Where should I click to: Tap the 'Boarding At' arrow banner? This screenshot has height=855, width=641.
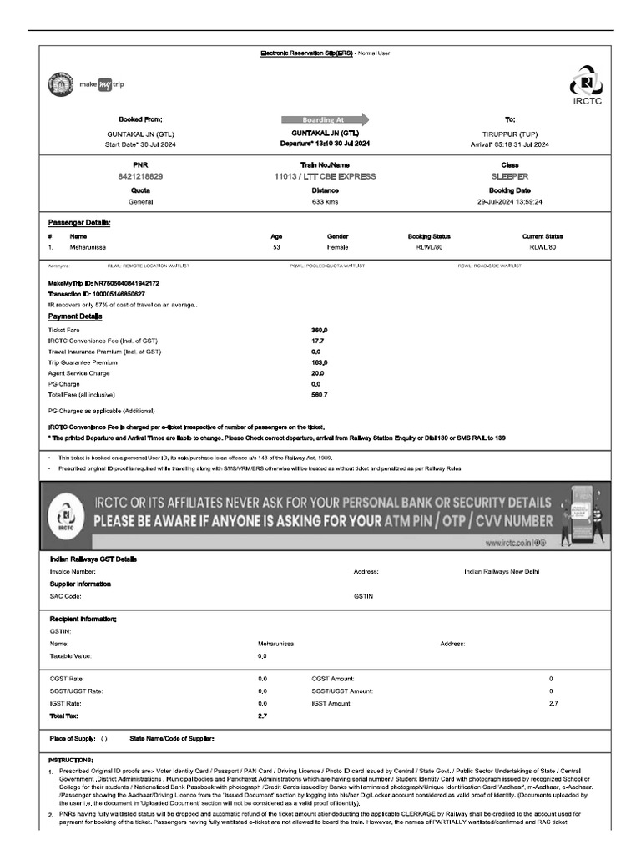tap(324, 119)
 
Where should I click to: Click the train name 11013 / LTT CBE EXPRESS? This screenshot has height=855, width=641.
tap(325, 177)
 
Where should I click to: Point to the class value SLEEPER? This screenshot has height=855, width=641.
tap(510, 177)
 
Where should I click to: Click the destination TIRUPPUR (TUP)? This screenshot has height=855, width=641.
tap(510, 134)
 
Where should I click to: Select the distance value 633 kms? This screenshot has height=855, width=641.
tap(325, 202)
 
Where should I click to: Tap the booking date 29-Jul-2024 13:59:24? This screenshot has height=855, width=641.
tap(510, 202)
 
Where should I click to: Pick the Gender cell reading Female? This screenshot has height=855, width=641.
tap(338, 248)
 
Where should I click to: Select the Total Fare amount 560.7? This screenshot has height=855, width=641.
tap(319, 394)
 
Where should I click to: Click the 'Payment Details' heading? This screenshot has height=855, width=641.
tap(75, 316)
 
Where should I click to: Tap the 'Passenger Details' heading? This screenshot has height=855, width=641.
tap(79, 223)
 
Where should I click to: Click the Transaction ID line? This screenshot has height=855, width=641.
tap(97, 294)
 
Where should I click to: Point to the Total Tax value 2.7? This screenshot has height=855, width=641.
tap(262, 716)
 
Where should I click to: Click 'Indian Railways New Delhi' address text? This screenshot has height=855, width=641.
tap(502, 572)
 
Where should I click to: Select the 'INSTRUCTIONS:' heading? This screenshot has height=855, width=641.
tap(71, 760)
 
